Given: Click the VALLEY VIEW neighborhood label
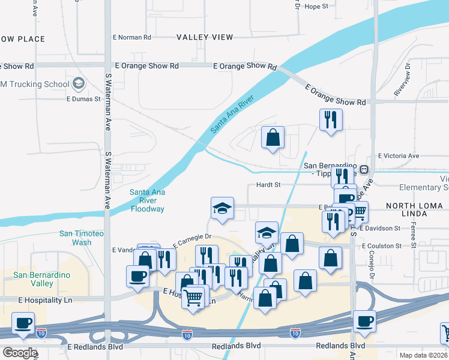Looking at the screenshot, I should (x=205, y=37).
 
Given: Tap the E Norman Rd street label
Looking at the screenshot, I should (x=132, y=37).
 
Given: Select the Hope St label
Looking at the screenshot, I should (x=316, y=7).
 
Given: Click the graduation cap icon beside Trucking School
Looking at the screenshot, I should (x=78, y=84).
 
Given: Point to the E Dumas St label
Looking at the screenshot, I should (x=83, y=99).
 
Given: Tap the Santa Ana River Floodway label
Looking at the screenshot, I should (x=147, y=200).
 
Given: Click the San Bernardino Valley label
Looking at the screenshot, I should (x=41, y=279).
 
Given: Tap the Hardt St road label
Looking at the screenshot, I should (x=268, y=185).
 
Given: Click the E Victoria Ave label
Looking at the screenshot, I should (x=399, y=156).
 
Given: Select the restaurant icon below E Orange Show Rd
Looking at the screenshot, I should (x=331, y=119).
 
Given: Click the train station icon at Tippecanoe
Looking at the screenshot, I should (x=364, y=169).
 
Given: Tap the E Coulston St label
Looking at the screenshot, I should (x=381, y=246).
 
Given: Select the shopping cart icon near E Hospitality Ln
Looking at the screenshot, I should (x=193, y=296).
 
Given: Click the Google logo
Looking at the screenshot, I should (x=20, y=352).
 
